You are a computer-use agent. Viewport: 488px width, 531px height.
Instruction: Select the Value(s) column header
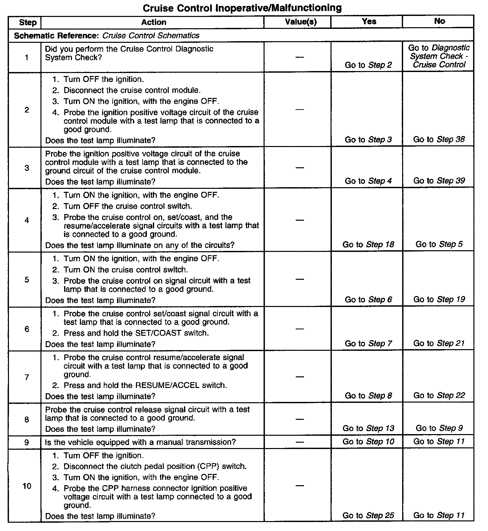pyautogui.click(x=301, y=22)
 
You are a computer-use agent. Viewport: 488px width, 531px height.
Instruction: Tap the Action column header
pyautogui.click(x=153, y=22)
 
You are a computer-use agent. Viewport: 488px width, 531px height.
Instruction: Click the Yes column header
pyautogui.click(x=369, y=22)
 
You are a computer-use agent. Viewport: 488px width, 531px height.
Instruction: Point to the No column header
pyautogui.click(x=439, y=21)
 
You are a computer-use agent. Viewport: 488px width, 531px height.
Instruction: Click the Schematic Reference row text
pyautogui.click(x=107, y=36)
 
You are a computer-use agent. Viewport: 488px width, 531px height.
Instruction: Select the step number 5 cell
pyautogui.click(x=27, y=280)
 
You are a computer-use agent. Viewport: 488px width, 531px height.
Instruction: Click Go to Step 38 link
pyautogui.click(x=439, y=139)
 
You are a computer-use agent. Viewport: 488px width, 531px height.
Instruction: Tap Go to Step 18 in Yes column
pyautogui.click(x=368, y=245)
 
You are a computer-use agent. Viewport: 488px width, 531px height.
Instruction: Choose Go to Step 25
pyautogui.click(x=368, y=515)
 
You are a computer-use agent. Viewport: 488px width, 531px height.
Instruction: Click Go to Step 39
pyautogui.click(x=439, y=181)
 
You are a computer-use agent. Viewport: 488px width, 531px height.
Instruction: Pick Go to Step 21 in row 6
pyautogui.click(x=439, y=343)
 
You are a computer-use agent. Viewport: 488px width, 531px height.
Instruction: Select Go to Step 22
pyautogui.click(x=439, y=395)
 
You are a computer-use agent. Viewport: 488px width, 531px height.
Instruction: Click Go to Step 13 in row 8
pyautogui.click(x=368, y=428)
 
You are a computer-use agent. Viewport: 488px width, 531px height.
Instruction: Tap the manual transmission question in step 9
pyautogui.click(x=140, y=442)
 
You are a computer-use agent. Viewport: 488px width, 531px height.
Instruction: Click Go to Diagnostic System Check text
pyautogui.click(x=439, y=56)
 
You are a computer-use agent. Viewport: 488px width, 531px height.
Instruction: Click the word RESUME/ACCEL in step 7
pyautogui.click(x=167, y=385)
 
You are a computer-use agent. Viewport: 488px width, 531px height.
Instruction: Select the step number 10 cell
pyautogui.click(x=27, y=486)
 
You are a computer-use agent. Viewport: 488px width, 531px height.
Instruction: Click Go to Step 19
pyautogui.click(x=439, y=299)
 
